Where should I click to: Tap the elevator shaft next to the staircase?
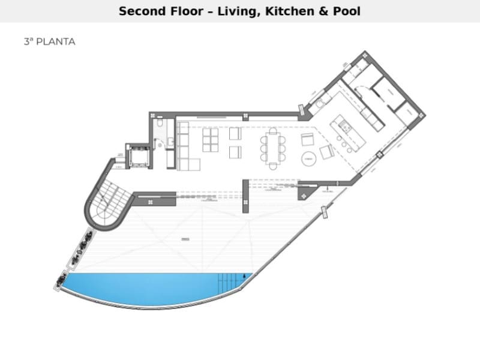139,156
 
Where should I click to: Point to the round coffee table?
309,159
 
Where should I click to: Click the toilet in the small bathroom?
160,124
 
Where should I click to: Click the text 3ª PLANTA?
49,42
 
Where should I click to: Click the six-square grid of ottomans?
211,139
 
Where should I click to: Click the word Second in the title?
142,11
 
